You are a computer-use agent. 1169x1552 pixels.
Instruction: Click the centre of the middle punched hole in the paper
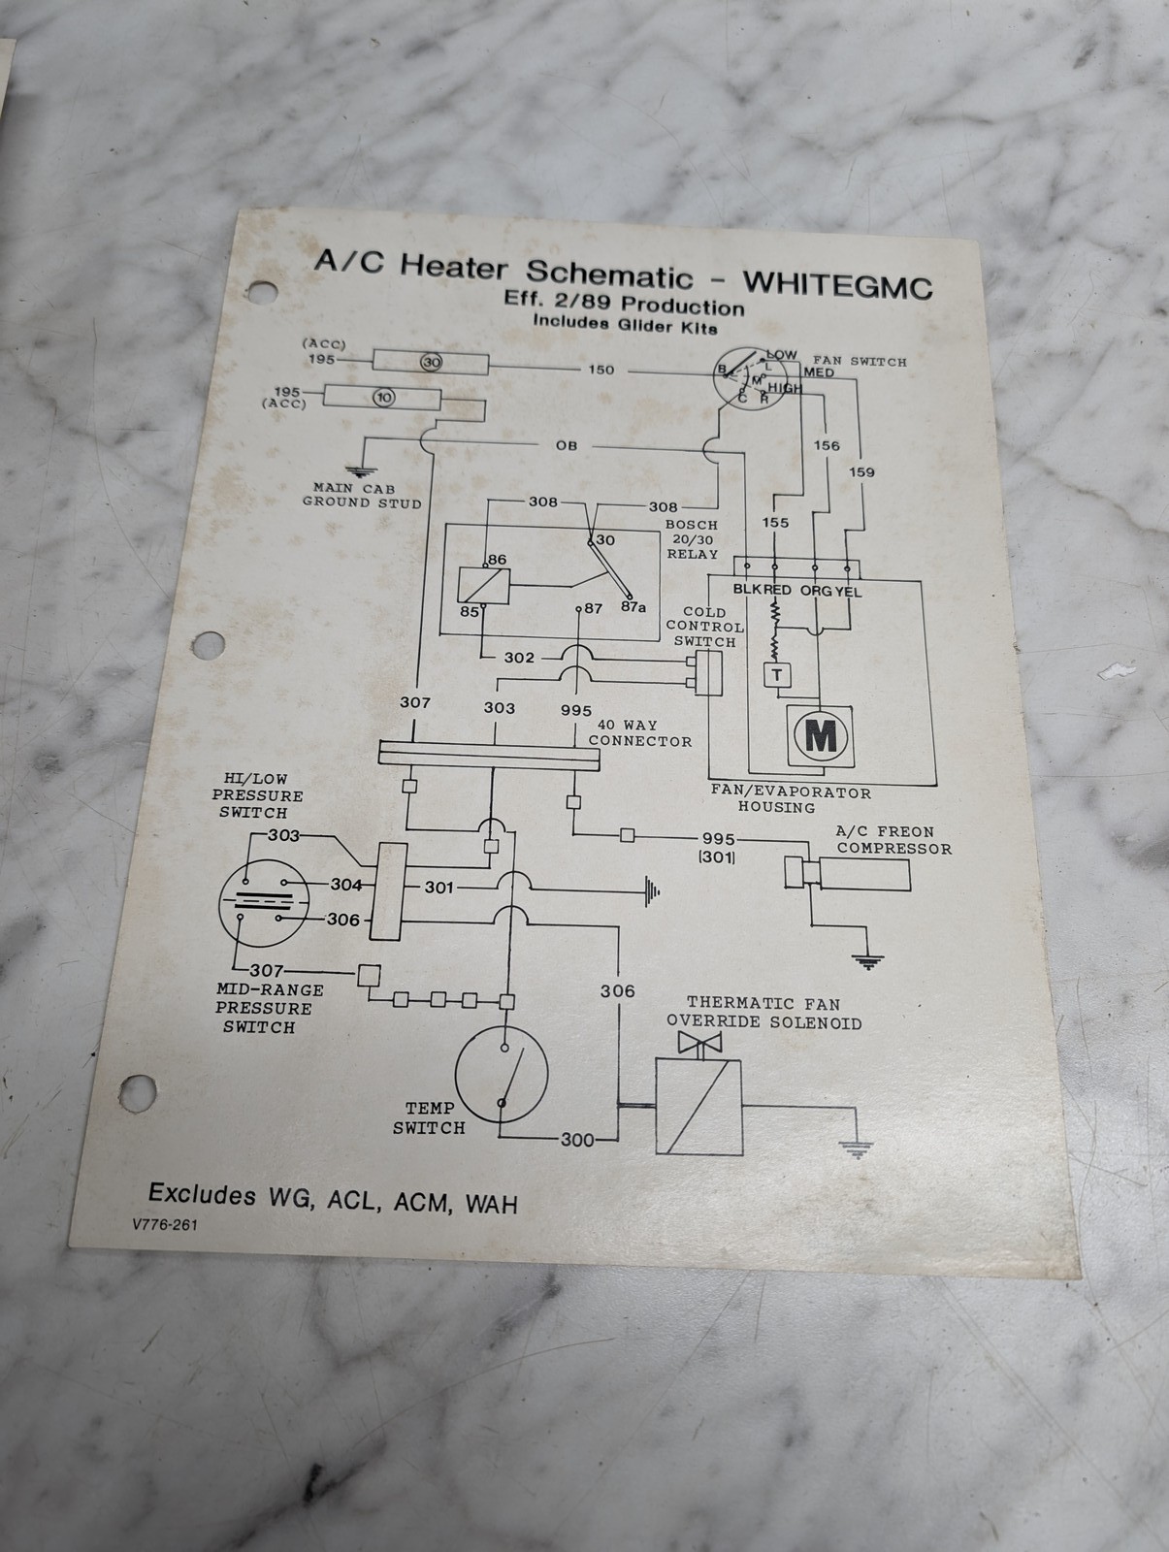point(208,646)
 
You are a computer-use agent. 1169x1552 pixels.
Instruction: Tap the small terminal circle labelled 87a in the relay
point(630,597)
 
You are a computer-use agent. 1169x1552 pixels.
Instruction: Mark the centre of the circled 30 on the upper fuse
point(432,362)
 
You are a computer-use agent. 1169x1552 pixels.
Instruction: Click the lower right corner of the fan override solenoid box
point(742,1154)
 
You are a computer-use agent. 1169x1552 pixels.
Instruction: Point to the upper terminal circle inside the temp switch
point(504,1048)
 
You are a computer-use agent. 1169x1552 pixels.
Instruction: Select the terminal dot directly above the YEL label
point(847,567)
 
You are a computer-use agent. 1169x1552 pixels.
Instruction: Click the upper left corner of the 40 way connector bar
point(379,740)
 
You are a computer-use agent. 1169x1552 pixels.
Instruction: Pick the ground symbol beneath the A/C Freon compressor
point(867,961)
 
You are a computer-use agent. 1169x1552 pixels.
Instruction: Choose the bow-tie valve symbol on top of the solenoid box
point(699,1042)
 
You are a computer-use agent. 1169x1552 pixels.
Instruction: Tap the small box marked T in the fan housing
point(777,675)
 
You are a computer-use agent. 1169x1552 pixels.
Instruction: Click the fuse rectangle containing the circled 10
point(382,398)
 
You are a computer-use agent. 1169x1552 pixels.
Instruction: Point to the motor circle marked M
point(821,736)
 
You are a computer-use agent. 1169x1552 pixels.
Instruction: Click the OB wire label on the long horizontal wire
point(567,445)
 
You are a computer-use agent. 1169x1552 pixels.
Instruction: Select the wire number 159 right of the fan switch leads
point(861,471)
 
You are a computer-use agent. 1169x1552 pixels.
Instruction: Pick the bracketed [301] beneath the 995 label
point(716,857)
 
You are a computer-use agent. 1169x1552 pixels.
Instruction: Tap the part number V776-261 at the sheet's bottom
point(165,1224)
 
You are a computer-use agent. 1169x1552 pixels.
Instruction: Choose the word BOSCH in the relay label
point(692,525)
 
